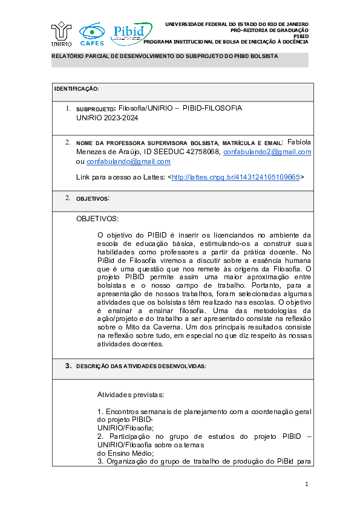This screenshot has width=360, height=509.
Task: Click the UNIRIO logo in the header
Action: click(62, 34)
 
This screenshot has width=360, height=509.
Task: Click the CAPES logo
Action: click(92, 34)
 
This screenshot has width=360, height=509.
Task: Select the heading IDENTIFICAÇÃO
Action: click(76, 89)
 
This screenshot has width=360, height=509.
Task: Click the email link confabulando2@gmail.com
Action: click(267, 152)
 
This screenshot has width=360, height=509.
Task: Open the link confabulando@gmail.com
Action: click(128, 161)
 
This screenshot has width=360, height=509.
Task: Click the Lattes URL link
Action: click(236, 177)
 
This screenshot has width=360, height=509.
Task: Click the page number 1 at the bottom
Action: click(307, 484)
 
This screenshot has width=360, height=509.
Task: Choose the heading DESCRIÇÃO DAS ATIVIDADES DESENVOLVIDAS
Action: click(141, 366)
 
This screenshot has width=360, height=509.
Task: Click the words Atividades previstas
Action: click(130, 395)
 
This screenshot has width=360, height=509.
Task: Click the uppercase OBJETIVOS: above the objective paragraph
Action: click(97, 218)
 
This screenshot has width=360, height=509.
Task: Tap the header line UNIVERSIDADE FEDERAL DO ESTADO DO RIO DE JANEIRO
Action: click(237, 24)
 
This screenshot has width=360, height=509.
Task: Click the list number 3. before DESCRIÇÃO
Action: click(68, 366)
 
